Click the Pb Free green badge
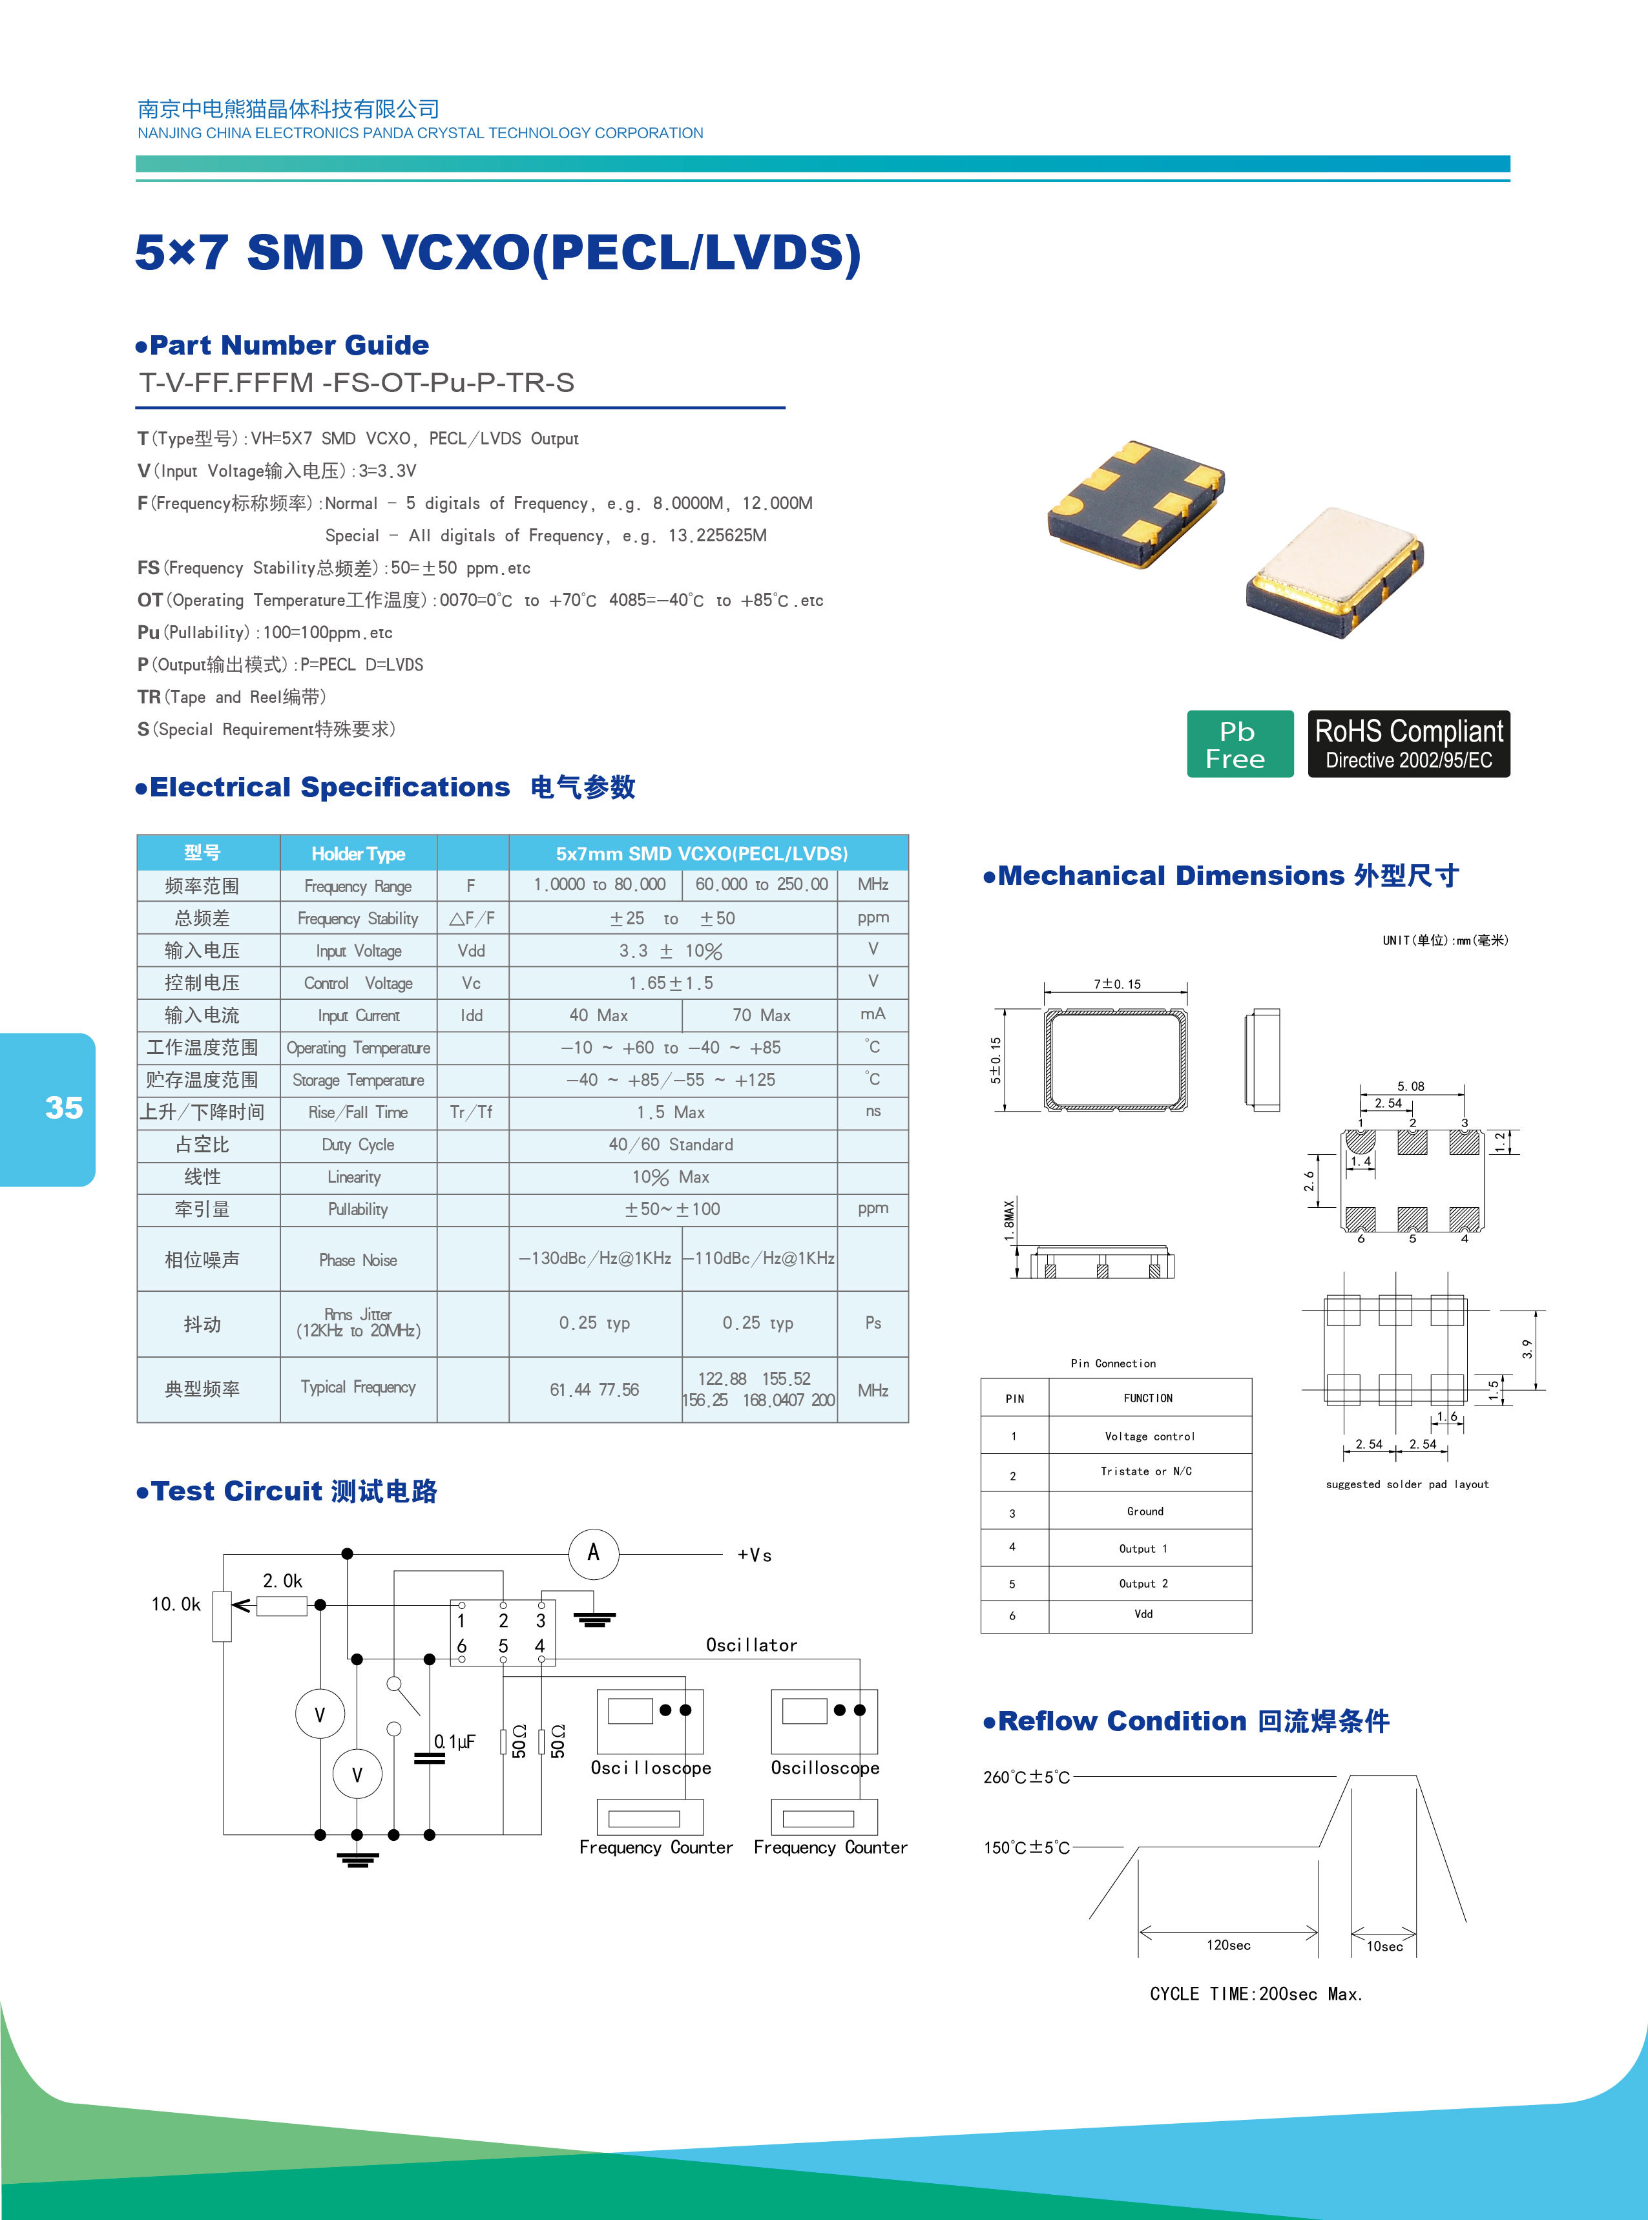click(x=1239, y=744)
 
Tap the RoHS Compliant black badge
click(x=1408, y=744)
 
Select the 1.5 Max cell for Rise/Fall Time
click(x=671, y=1112)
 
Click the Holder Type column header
click(x=358, y=854)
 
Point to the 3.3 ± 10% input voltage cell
click(x=671, y=950)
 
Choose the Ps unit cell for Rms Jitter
click(x=873, y=1323)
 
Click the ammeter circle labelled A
click(x=594, y=1553)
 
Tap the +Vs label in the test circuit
click(x=754, y=1555)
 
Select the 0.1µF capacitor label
click(x=455, y=1741)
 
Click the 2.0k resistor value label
click(x=282, y=1581)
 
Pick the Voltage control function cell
click(x=1149, y=1436)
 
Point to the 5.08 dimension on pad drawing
click(x=1410, y=1086)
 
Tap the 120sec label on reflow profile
click(x=1228, y=1945)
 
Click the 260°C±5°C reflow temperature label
click(x=1027, y=1777)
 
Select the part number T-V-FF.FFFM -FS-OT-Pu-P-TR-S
click(x=357, y=383)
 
